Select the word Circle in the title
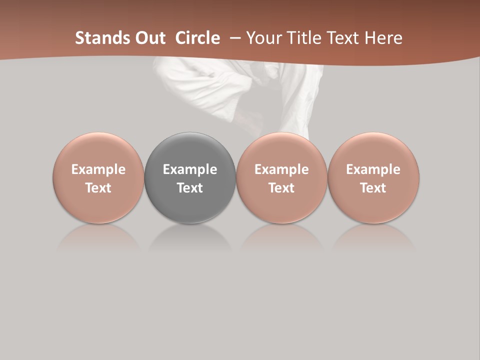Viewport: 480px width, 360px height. click(197, 38)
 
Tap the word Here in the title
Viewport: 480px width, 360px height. click(382, 38)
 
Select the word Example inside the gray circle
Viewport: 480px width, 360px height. click(190, 169)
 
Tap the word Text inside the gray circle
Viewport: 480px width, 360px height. click(190, 188)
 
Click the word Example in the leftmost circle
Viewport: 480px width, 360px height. click(98, 169)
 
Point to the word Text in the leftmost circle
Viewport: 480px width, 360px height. click(98, 188)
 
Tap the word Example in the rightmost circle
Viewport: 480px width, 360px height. click(373, 169)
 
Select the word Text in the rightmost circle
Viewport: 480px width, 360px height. click(373, 188)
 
